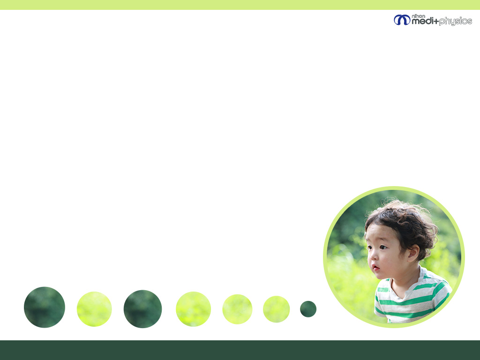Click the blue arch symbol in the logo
click(402, 20)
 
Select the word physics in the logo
click(456, 22)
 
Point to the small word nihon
click(419, 16)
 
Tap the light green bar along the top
click(240, 5)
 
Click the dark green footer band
click(240, 350)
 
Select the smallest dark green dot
click(308, 309)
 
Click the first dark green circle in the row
click(45, 307)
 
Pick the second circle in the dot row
click(94, 309)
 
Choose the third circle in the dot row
click(142, 309)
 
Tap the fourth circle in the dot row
click(194, 309)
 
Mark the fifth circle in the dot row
click(237, 309)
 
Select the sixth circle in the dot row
click(277, 309)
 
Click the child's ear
click(413, 253)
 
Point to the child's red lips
click(375, 268)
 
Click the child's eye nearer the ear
click(383, 247)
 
